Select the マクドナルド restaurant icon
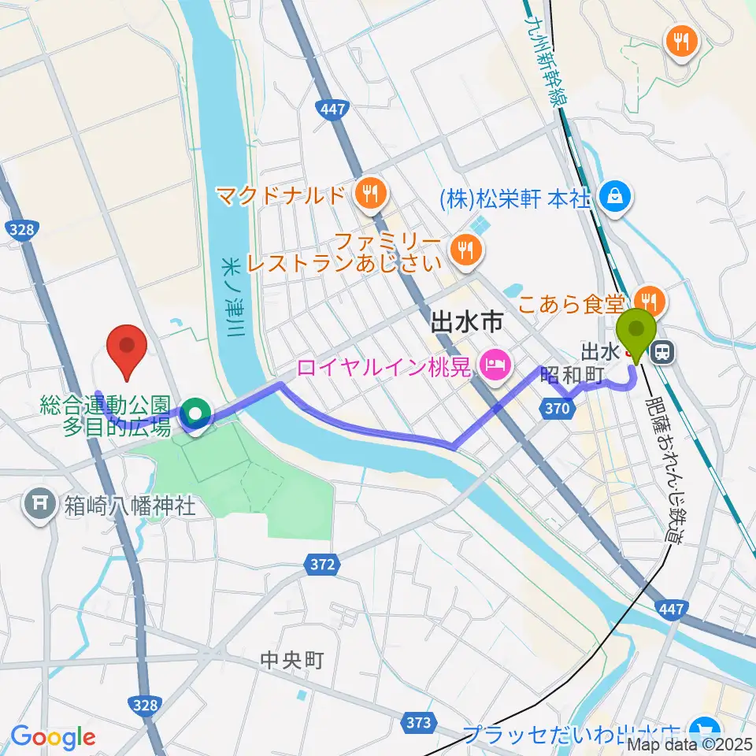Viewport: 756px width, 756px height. (x=368, y=193)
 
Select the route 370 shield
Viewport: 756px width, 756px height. (x=556, y=406)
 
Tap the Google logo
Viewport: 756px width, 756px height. (x=53, y=737)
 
